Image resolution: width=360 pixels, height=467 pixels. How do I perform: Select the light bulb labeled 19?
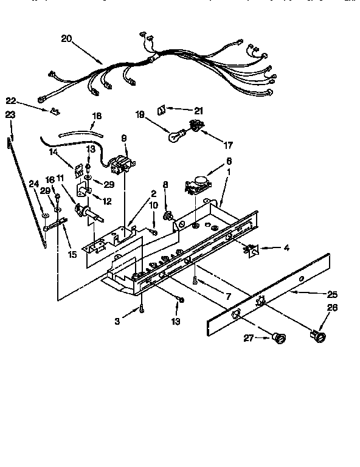pos(176,136)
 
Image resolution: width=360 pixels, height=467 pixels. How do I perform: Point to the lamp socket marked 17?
pos(196,126)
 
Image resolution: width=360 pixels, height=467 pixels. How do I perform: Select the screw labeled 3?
pos(141,308)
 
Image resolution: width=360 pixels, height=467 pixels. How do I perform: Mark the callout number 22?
pos(10,100)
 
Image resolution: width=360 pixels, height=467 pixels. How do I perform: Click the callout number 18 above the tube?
pos(96,116)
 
